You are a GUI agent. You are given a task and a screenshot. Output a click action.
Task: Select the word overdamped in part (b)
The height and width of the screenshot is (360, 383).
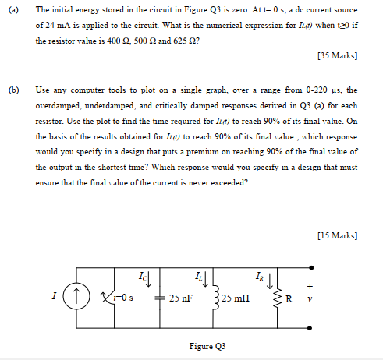[59, 106]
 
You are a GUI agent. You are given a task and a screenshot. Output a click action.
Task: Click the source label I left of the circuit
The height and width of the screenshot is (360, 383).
[54, 297]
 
